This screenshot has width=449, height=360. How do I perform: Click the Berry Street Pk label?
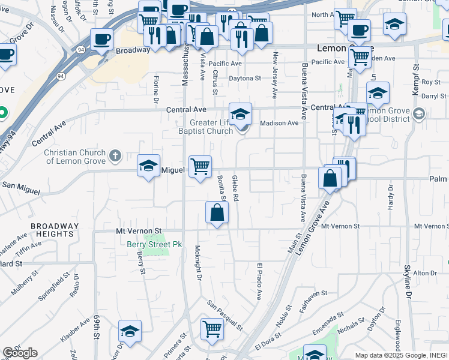(x=154, y=244)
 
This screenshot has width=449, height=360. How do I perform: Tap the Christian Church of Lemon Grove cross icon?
(x=115, y=157)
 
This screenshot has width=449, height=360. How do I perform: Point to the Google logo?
(x=20, y=353)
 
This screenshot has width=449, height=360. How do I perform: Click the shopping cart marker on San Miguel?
(x=200, y=166)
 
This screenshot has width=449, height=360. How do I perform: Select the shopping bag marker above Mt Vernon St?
(x=217, y=212)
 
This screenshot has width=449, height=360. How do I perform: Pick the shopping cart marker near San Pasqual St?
(x=212, y=329)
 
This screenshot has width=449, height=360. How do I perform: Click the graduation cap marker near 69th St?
(x=130, y=331)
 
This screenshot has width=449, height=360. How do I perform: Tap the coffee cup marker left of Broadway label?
(x=101, y=39)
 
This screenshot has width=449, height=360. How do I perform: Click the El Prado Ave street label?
(x=260, y=281)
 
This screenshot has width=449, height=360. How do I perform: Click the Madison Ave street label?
(x=279, y=123)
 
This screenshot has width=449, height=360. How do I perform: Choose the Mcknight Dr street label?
(x=197, y=263)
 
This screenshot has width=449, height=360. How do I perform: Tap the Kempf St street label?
(x=414, y=75)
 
